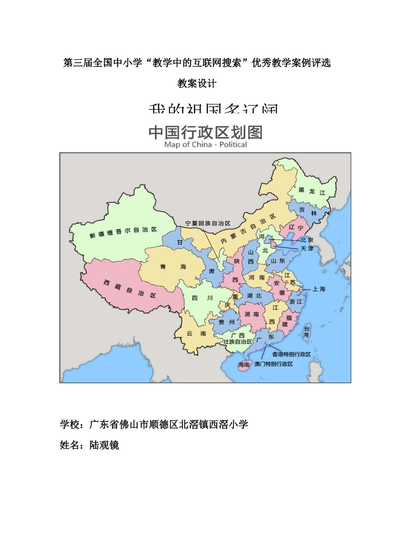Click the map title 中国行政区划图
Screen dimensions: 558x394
[x=205, y=132]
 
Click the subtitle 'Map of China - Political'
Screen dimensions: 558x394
[x=205, y=144]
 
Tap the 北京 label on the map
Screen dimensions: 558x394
[x=307, y=240]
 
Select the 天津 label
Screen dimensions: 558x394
[x=307, y=248]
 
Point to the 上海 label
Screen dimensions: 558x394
[x=319, y=289]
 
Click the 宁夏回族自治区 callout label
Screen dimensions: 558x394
[x=207, y=223]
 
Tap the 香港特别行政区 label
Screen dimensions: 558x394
[x=291, y=354]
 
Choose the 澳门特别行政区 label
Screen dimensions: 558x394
[x=273, y=364]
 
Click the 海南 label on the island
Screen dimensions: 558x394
[x=244, y=365]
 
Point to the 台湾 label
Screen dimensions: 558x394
[x=306, y=332]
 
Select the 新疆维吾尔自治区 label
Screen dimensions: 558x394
[x=123, y=232]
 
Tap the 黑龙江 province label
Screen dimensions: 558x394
[x=312, y=191]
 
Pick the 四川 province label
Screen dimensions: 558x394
[x=202, y=298]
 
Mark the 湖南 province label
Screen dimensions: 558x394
[x=251, y=314]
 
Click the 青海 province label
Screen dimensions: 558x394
[x=173, y=267]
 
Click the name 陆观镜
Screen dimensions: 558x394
[x=104, y=445]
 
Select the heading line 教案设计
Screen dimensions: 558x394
[x=197, y=83]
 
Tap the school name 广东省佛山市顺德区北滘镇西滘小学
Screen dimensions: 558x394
[x=169, y=424]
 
